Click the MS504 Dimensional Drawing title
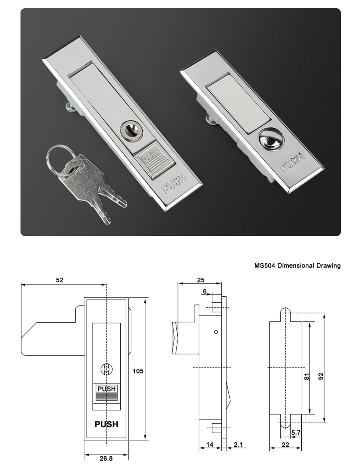(x=297, y=265)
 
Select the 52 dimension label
(x=59, y=280)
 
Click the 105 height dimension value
(x=138, y=371)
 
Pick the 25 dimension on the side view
(x=201, y=280)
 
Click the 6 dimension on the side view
(x=205, y=291)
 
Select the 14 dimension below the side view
(x=210, y=445)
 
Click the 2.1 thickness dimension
(x=238, y=445)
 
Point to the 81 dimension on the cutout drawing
(x=307, y=377)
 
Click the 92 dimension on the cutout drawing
(x=321, y=376)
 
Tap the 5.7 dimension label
(x=296, y=432)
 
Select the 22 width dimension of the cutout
(x=285, y=445)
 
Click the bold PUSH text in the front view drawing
(x=106, y=424)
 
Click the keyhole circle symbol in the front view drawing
(x=106, y=369)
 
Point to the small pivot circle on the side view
(x=216, y=332)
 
